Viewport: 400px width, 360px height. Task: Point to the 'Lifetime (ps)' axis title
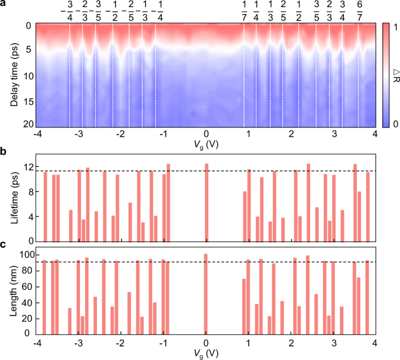[13, 198]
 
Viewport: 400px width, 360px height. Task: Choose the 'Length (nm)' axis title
[13, 290]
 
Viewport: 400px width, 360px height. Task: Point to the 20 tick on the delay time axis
[26, 124]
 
